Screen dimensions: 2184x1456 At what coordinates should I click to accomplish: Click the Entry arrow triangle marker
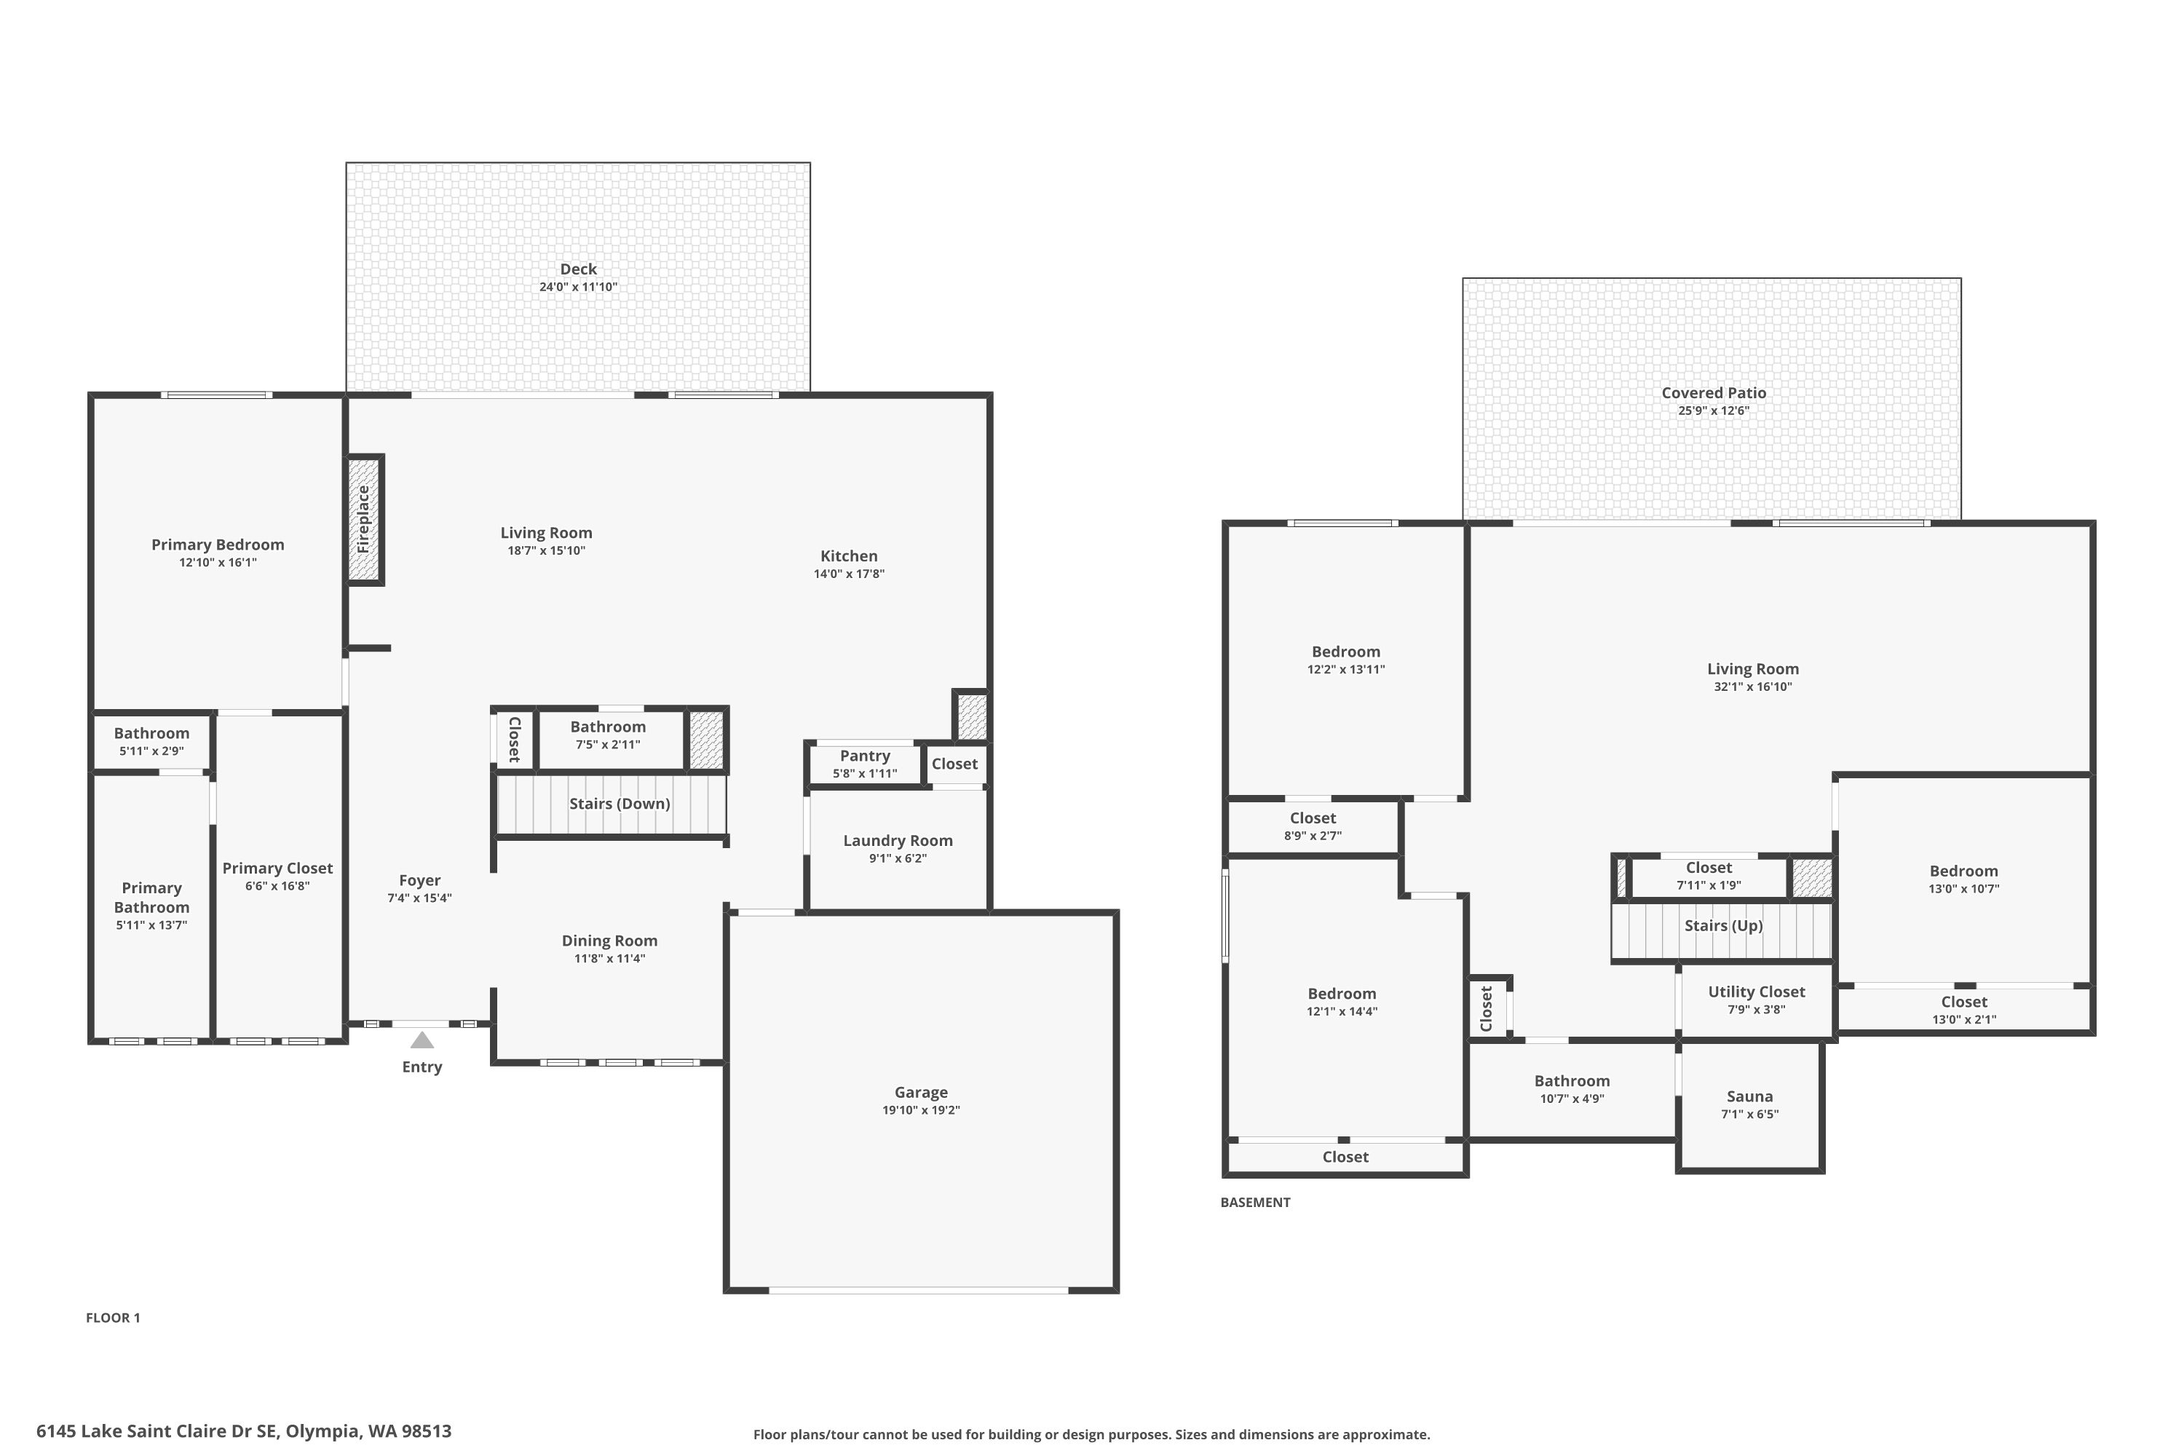[422, 1041]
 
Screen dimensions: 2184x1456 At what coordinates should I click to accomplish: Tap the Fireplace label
[363, 520]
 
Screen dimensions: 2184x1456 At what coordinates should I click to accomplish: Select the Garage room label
[921, 1093]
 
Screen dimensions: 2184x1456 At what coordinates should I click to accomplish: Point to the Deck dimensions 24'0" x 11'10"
[579, 287]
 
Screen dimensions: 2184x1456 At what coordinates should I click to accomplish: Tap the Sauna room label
[1749, 1096]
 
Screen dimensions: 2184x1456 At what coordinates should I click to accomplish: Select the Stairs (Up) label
[1723, 926]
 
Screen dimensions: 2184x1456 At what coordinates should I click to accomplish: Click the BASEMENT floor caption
[1255, 1203]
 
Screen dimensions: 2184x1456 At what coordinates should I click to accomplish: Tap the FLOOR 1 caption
[114, 1318]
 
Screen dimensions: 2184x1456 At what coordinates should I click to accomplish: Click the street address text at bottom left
[244, 1431]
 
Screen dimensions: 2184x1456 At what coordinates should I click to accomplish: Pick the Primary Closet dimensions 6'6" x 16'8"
[277, 886]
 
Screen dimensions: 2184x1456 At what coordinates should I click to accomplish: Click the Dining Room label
[610, 941]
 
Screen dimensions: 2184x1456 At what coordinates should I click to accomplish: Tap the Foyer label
[420, 880]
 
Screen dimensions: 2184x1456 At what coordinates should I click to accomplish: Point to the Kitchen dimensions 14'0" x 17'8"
[850, 574]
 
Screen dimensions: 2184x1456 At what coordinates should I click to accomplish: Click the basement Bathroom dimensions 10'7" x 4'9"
[1572, 1099]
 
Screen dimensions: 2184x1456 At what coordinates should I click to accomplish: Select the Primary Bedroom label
[218, 545]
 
